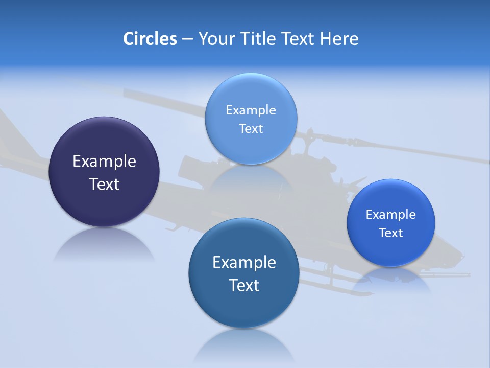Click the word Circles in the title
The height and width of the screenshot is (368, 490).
[x=150, y=39]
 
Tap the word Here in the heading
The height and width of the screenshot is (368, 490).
[x=339, y=39]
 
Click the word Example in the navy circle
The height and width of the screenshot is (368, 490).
[x=104, y=162]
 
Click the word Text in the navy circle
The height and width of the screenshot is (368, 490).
[x=104, y=184]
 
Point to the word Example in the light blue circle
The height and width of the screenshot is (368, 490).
[x=251, y=110]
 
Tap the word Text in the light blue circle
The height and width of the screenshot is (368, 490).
[x=251, y=128]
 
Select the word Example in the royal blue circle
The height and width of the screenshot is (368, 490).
[x=390, y=215]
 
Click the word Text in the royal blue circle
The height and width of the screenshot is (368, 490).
[x=391, y=233]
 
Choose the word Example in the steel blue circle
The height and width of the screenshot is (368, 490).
[x=244, y=263]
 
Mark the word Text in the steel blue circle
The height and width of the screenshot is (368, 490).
[x=244, y=285]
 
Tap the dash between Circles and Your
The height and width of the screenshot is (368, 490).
[x=187, y=39]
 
